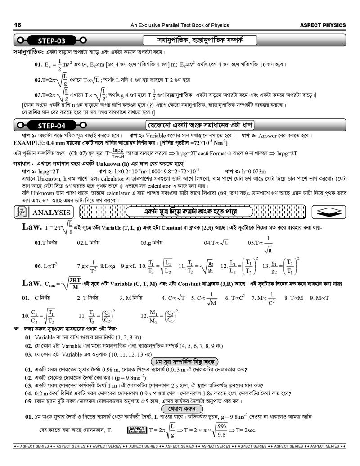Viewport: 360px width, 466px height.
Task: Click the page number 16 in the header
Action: (x=18, y=25)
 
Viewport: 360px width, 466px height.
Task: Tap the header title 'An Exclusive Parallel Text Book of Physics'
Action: (x=180, y=25)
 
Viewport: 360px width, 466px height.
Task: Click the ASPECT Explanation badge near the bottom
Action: (x=136, y=430)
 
